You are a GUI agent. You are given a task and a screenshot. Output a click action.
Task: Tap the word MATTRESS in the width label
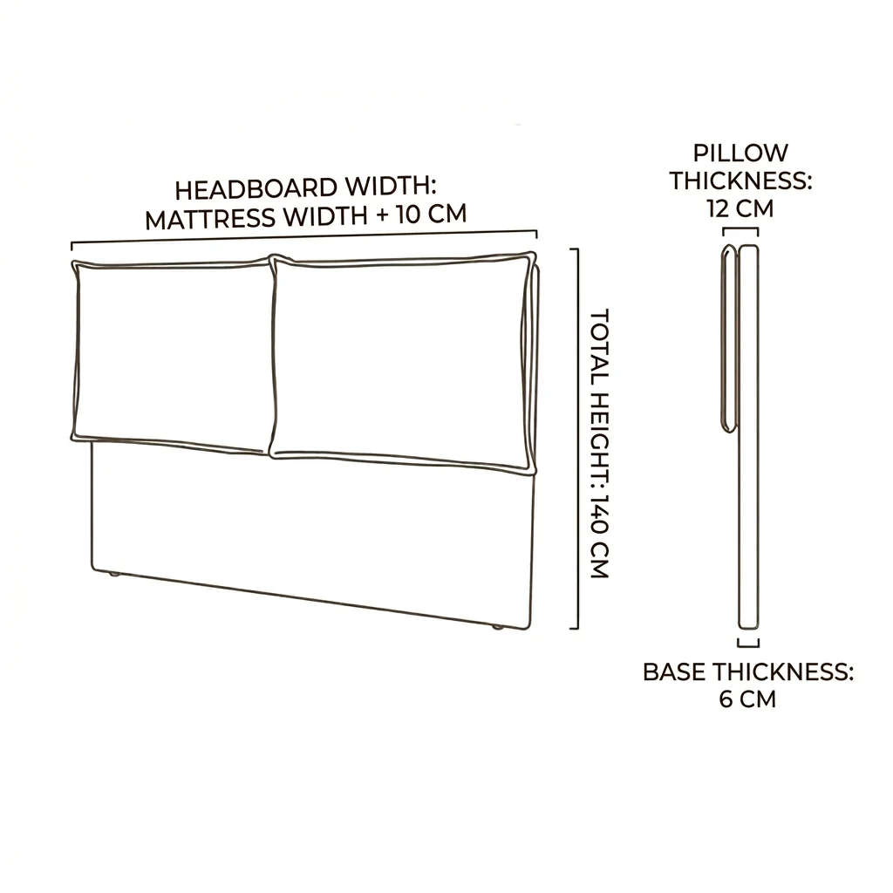(x=210, y=219)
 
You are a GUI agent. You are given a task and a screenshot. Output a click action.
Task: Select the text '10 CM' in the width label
(x=432, y=215)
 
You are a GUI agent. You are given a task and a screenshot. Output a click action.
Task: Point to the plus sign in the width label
(x=381, y=215)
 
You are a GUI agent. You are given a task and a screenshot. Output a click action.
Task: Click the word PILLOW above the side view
(x=740, y=153)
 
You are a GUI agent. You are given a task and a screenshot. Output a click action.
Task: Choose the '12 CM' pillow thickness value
(x=740, y=208)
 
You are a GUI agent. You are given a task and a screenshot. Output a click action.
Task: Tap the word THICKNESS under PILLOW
(x=740, y=181)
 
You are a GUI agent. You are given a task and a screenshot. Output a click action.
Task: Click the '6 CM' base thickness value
(x=747, y=699)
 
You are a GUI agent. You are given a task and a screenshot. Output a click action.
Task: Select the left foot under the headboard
(x=114, y=575)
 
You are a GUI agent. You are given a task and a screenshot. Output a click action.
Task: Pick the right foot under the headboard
(x=498, y=626)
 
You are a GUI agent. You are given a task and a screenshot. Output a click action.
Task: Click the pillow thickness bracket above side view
(x=740, y=228)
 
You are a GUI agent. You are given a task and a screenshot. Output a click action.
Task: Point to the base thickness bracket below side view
(x=748, y=646)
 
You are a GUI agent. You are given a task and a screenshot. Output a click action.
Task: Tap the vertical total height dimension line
(x=578, y=439)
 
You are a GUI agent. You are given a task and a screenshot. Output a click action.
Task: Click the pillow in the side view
(x=730, y=338)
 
